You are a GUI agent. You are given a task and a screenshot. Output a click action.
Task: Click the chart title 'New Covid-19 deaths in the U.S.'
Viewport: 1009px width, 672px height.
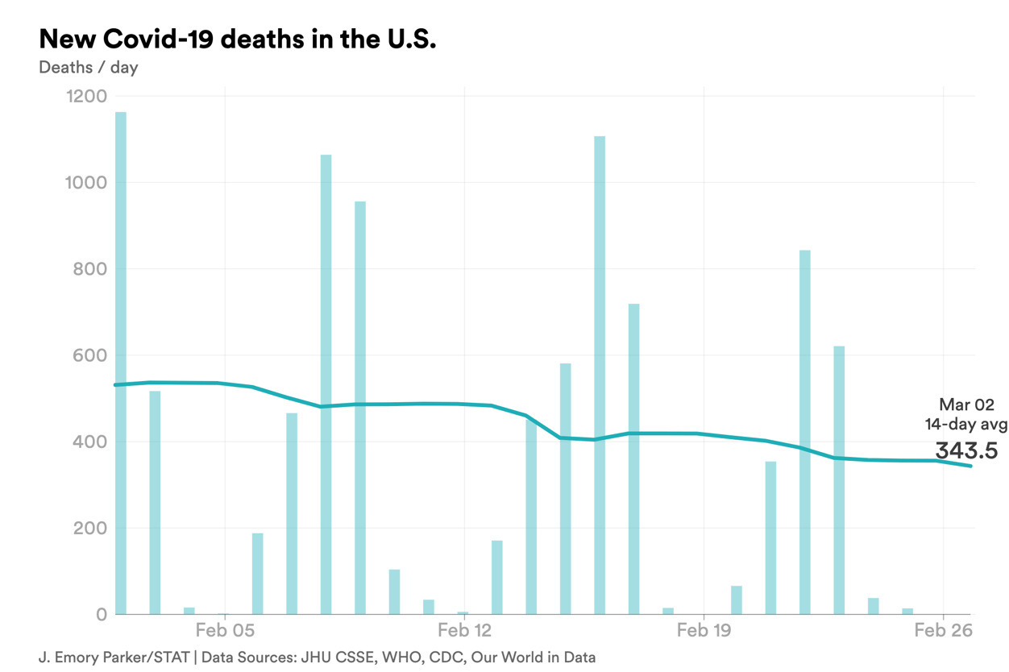(x=238, y=39)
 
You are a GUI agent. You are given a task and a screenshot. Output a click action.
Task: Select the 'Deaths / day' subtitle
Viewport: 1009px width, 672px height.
(x=89, y=67)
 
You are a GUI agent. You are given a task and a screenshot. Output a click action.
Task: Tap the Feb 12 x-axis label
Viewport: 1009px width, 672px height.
(x=465, y=630)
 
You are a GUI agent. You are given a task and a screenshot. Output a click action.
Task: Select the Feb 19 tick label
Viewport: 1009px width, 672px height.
(x=704, y=630)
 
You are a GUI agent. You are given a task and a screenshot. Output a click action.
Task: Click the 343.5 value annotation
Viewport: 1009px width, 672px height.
(x=966, y=450)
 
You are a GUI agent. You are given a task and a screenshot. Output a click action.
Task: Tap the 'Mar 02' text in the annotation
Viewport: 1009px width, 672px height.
(x=966, y=405)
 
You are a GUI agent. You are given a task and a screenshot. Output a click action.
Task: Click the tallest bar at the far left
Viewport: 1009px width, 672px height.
(x=121, y=363)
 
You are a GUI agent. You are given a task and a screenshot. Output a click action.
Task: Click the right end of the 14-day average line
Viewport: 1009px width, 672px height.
(x=971, y=466)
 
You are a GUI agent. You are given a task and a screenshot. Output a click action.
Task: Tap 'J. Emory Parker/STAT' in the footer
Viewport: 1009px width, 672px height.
(x=114, y=657)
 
